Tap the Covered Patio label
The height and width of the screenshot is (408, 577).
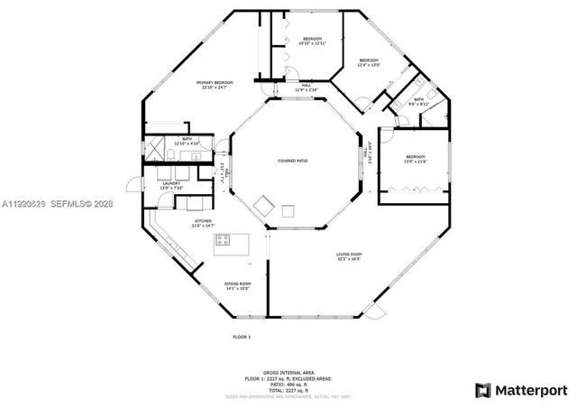click(x=292, y=161)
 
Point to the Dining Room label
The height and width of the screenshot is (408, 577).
click(x=238, y=285)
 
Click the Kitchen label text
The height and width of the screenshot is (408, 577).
click(x=203, y=223)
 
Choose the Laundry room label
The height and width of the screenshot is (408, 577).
click(x=173, y=185)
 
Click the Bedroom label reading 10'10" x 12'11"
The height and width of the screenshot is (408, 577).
click(x=312, y=41)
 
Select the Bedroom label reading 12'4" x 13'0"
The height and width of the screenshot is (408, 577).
click(x=368, y=63)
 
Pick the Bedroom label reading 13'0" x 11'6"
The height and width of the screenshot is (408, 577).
click(x=415, y=159)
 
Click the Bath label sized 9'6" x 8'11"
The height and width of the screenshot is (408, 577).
click(x=419, y=102)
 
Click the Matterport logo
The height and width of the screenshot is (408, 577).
click(x=521, y=390)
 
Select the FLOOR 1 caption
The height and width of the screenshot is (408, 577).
click(x=242, y=337)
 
